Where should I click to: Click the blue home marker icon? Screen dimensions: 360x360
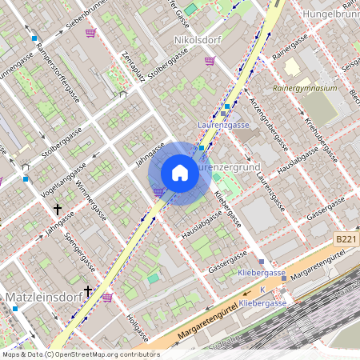pos(180,173)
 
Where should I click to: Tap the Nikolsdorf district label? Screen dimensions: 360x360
pos(197,38)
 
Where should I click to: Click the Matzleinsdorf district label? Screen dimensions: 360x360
pos(40,298)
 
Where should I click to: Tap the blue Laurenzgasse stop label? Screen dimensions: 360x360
pos(223,125)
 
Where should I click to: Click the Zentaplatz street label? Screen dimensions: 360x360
pos(132,67)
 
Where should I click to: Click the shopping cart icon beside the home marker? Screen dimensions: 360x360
pos(158,192)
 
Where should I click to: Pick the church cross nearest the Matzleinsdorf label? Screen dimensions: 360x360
pos(88,291)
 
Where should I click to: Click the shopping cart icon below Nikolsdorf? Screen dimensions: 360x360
pos(210,61)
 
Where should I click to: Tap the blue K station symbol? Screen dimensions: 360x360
pos(262,290)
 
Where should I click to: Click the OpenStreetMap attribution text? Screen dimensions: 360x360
pos(80,354)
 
